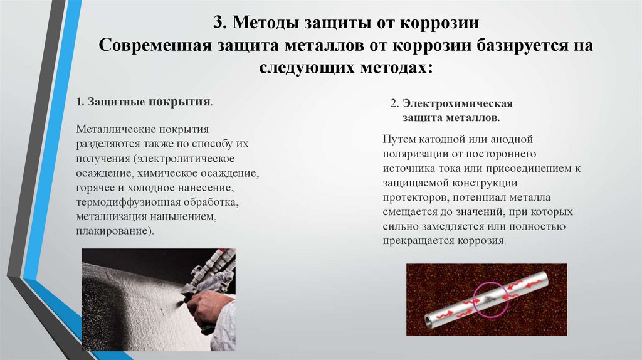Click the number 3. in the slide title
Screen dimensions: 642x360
pyautogui.click(x=219, y=22)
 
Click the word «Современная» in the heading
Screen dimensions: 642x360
pyautogui.click(x=155, y=45)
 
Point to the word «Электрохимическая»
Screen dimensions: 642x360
pyautogui.click(x=457, y=103)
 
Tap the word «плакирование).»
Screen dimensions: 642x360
pyautogui.click(x=115, y=231)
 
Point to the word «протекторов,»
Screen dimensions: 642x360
pyautogui.click(x=416, y=198)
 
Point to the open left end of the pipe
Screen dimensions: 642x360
pyautogui.click(x=429, y=322)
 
